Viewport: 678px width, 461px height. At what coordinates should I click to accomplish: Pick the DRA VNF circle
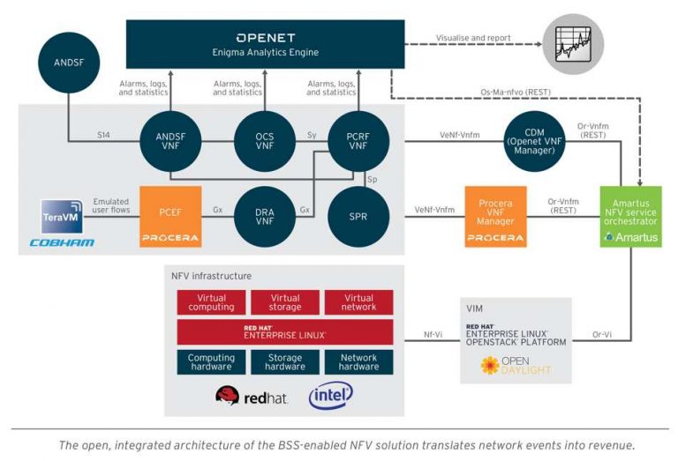262,217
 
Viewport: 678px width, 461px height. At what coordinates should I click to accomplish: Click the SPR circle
358,217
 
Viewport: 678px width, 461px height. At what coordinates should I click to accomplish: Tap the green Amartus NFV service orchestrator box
630,217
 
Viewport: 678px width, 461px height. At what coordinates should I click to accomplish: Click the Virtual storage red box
285,302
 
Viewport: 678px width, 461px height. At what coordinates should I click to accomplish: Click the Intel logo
330,396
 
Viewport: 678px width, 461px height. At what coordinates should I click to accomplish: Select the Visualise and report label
473,38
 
